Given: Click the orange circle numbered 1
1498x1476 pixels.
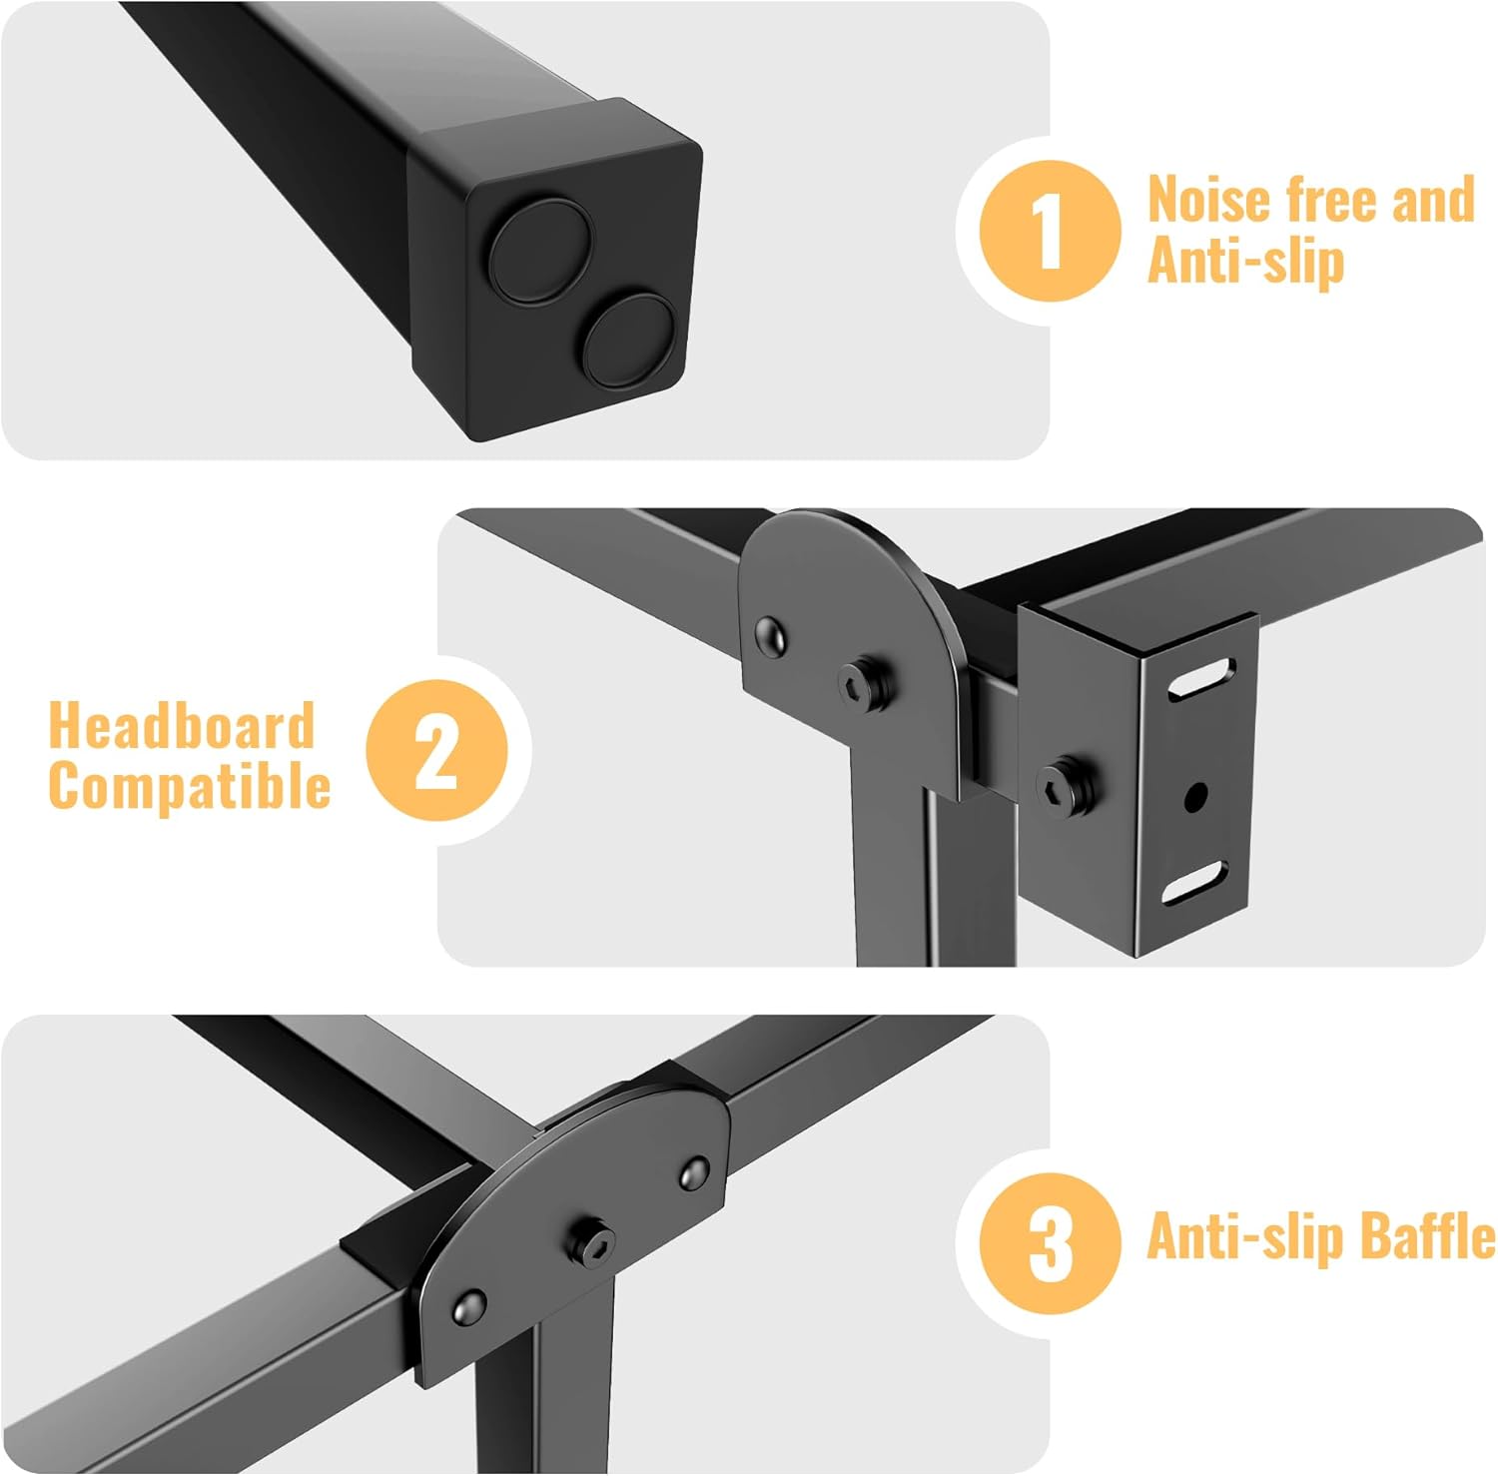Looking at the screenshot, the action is tap(1050, 231).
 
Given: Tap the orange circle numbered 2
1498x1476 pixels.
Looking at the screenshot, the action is tap(436, 750).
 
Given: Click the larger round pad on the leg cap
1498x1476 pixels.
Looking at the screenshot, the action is tap(540, 250).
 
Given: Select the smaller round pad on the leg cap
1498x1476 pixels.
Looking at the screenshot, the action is tap(628, 340).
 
